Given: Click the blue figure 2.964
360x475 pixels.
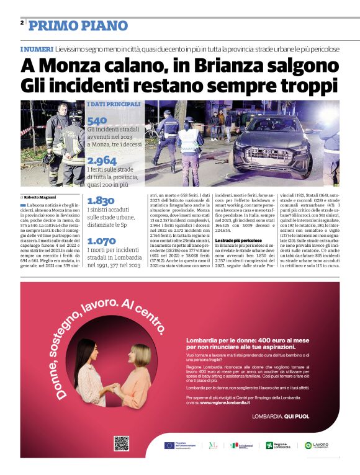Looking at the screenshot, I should point(102,161).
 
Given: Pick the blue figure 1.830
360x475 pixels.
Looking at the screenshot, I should point(101,200).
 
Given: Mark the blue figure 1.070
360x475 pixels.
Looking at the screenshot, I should point(101,241).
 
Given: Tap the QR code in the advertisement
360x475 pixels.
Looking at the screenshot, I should point(121,443).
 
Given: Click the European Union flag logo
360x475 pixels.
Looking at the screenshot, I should point(170,445).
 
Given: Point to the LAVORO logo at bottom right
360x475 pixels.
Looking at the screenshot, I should point(317,445).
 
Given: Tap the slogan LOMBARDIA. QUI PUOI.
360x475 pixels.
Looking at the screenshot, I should point(280,417).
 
